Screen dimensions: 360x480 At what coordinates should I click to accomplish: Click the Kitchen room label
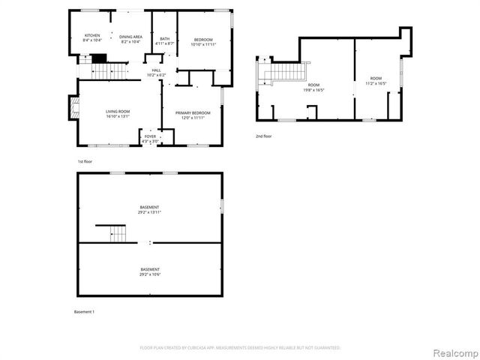point(92,38)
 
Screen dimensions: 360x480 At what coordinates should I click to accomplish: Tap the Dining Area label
point(131,39)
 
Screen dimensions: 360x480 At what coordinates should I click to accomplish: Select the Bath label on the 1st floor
point(164,41)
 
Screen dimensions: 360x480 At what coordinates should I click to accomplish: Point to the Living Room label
point(118,114)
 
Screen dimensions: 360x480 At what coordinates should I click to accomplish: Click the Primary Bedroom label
point(193,115)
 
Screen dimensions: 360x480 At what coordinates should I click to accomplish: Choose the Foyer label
point(151,139)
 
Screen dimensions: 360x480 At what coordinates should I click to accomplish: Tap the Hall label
point(156,72)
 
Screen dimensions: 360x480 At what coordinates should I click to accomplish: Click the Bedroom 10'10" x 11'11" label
point(203,42)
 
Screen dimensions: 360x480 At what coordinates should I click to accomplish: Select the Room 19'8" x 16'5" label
point(313,88)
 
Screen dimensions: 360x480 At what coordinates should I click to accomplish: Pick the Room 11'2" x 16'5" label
point(376,81)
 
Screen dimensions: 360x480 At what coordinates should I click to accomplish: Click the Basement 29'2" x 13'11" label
point(149,210)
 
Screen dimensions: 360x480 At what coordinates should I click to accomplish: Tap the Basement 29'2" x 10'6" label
point(149,271)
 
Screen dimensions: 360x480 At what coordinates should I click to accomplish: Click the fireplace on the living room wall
point(73,109)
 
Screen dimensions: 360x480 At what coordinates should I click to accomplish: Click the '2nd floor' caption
point(264,136)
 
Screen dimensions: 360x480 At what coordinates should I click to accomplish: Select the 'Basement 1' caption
point(84,311)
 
